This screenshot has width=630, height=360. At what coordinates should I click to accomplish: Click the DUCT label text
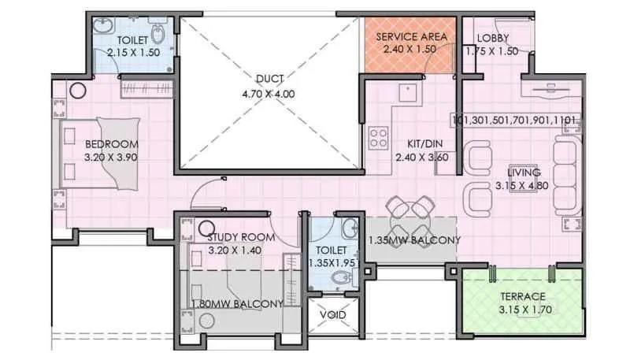(269, 79)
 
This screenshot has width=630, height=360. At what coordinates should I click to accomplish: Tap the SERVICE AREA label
(412, 37)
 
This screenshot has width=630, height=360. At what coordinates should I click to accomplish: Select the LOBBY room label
(493, 38)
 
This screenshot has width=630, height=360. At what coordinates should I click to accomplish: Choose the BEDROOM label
(112, 144)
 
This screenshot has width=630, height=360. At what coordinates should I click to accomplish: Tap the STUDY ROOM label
(241, 237)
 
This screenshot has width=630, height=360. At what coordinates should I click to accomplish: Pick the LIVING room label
(523, 173)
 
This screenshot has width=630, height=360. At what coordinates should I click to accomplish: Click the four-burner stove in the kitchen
(379, 139)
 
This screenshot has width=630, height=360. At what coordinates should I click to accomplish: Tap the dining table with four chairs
(410, 211)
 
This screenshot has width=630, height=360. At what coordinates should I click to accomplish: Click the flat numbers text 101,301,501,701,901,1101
(517, 121)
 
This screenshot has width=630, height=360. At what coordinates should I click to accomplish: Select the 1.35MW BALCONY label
(414, 239)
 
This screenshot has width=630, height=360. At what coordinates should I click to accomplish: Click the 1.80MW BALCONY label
(237, 303)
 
